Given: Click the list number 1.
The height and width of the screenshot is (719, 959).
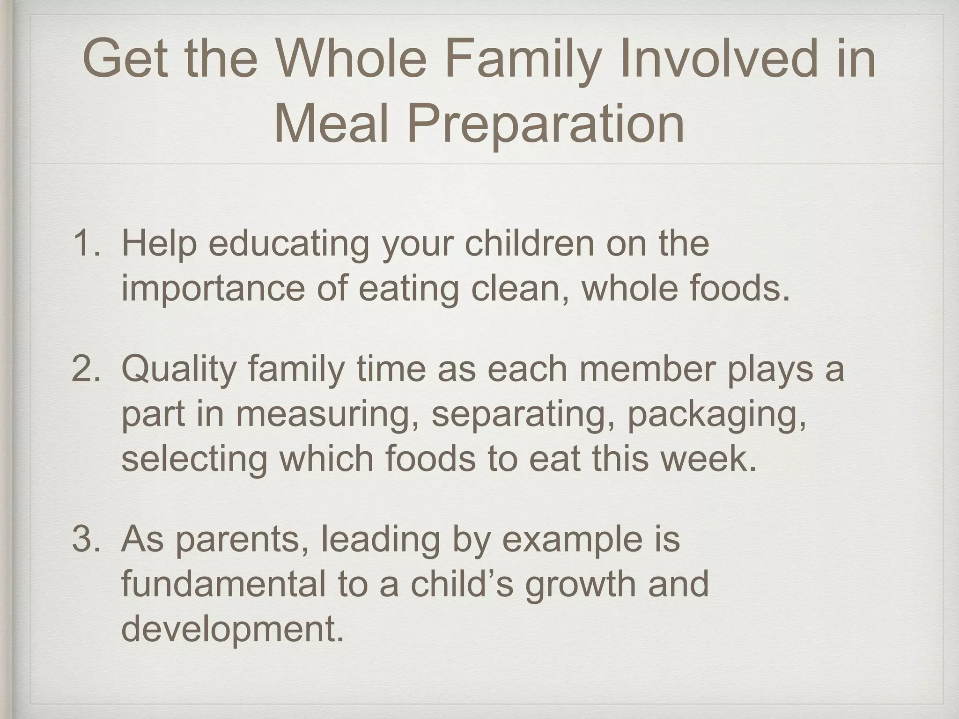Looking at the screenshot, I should (87, 244).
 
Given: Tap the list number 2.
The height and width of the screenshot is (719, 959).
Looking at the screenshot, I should (87, 369).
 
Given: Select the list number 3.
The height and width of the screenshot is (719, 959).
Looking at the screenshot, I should (87, 539).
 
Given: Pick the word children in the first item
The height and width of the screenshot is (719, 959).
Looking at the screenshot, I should (530, 244).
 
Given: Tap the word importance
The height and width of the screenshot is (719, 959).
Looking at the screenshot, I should (213, 288).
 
